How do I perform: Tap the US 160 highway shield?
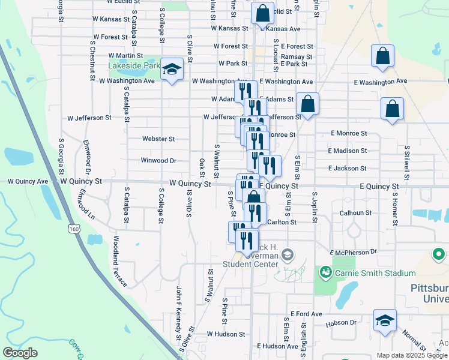coord(73,229)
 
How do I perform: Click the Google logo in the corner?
coord(20,353)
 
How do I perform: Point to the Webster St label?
coord(158,139)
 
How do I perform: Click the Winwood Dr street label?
coord(158,161)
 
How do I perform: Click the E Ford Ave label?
coord(306,314)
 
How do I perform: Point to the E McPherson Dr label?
coord(353,252)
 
